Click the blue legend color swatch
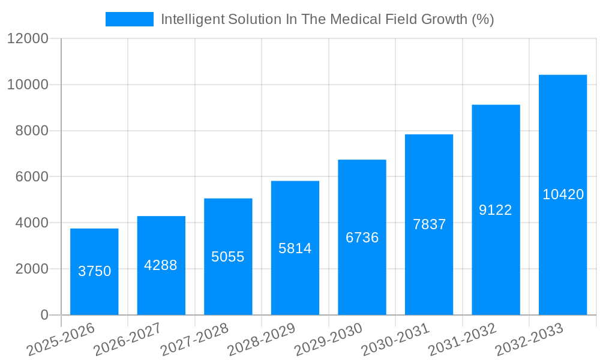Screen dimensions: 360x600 pos(129,19)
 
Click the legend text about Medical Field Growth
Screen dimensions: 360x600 pos(327,19)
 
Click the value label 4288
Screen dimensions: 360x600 pos(161,265)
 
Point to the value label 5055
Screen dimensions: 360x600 pos(228,257)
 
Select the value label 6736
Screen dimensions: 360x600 pos(362,238)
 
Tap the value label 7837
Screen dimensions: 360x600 pos(429,224)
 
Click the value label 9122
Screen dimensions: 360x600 pos(496,210)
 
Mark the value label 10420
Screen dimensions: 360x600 pos(563,194)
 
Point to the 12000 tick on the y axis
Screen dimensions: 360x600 pos(27,39)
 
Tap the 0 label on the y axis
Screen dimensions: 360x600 pos(44,315)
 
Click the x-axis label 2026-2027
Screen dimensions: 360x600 pos(127,340)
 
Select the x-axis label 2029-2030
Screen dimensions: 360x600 pos(328,340)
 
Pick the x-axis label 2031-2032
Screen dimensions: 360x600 pos(462,340)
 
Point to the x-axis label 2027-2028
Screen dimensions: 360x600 pos(194,340)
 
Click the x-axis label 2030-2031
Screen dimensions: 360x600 pos(395,340)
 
